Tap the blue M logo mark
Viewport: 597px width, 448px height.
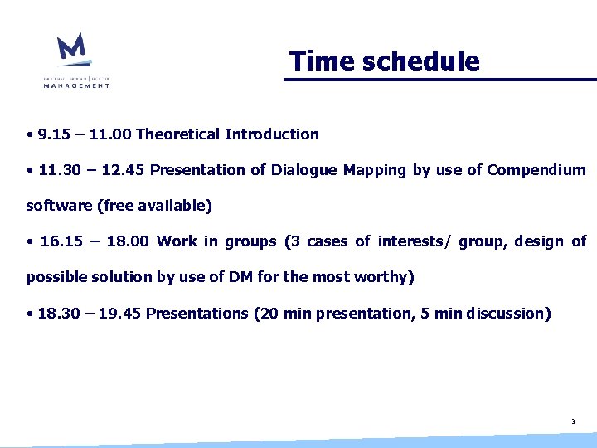point(72,49)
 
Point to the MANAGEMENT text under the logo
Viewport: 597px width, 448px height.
point(76,85)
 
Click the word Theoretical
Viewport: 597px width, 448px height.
point(177,134)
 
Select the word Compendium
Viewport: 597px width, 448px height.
point(536,170)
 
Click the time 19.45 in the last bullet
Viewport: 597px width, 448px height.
point(124,314)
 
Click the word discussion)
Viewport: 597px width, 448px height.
point(508,314)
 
